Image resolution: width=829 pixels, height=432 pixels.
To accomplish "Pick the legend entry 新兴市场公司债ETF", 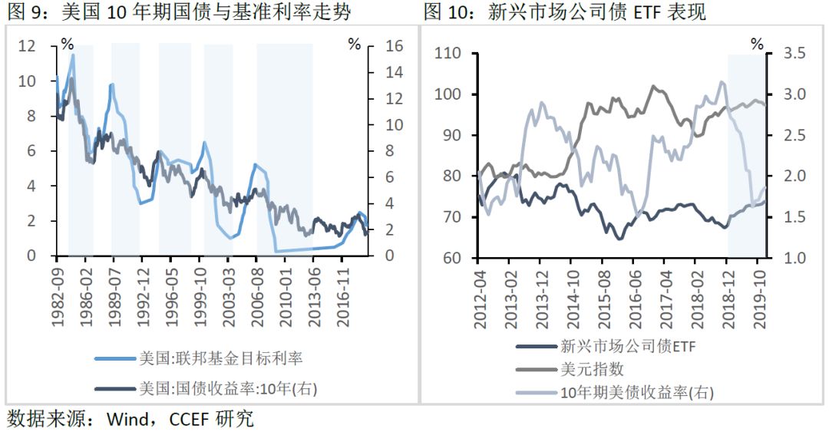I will [x=626, y=346].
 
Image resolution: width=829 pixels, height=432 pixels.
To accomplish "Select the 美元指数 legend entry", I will [x=591, y=370].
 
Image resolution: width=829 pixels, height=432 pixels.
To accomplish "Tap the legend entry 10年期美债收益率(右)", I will [x=636, y=393].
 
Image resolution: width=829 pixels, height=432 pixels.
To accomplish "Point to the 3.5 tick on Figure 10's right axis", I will [x=794, y=54].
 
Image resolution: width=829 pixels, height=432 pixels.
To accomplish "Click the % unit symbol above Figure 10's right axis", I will [x=757, y=44].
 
